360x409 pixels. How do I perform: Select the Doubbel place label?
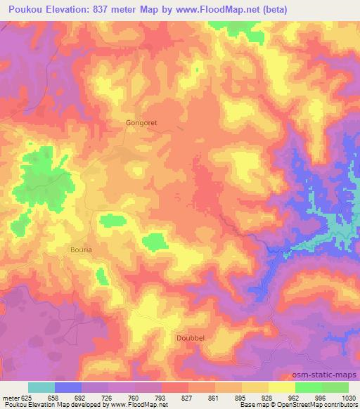(188, 337)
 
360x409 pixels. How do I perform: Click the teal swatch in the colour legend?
(41, 387)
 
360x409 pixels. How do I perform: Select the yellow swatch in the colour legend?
(282, 387)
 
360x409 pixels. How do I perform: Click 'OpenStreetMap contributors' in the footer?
(319, 405)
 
